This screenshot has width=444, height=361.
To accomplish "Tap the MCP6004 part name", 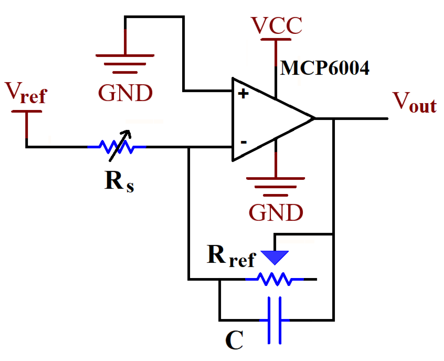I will [x=325, y=68].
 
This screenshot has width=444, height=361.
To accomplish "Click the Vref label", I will [x=26, y=93].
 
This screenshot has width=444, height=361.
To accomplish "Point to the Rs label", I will [x=119, y=181].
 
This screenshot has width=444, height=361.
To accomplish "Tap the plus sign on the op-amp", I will [x=243, y=94].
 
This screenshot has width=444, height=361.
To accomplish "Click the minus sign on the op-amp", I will [x=244, y=142].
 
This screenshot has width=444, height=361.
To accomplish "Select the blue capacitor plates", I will [x=274, y=320].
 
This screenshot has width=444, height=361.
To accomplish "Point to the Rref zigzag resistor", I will [x=274, y=279].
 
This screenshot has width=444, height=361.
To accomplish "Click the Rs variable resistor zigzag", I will [x=117, y=147].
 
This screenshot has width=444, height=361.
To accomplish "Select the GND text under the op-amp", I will [x=276, y=213].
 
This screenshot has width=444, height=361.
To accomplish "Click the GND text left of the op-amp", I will [x=125, y=93].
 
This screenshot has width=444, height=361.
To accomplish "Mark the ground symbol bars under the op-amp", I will [x=275, y=187].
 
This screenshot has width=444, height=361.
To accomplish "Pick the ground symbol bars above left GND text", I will [x=125, y=64].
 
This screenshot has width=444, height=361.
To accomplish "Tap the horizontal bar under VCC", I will [x=276, y=40].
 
